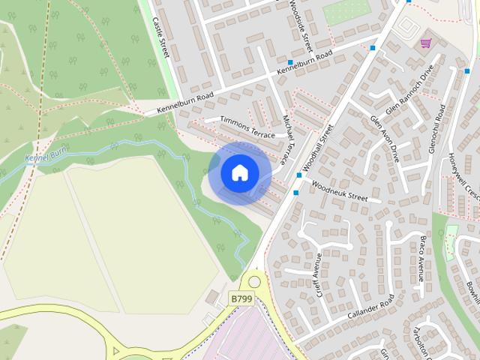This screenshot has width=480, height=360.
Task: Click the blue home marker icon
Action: [239, 173]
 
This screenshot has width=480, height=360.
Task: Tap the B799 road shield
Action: [241, 298]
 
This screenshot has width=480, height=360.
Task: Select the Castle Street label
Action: [161, 37]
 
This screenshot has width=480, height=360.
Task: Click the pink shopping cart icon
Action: [426, 43]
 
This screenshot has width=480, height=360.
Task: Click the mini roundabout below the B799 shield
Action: [254, 283]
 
